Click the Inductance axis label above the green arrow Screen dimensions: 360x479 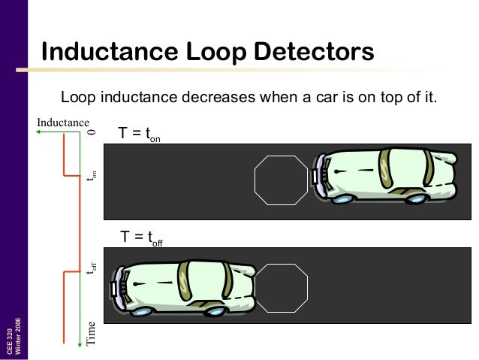coord(62,122)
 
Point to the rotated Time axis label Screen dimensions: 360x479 coord(92,331)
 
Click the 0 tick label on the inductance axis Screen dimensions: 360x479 coord(92,132)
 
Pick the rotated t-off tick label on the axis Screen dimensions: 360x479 coord(92,264)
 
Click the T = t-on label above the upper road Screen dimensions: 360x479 coord(140,135)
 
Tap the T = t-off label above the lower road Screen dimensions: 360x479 coord(142,238)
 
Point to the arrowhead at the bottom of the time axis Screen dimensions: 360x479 coord(79,346)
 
